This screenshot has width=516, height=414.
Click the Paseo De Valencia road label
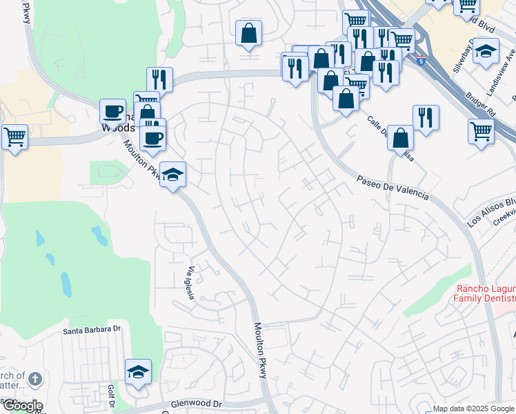click(x=393, y=188)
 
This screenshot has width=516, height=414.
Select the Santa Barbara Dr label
click(x=92, y=330)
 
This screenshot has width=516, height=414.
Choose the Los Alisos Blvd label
click(x=491, y=211)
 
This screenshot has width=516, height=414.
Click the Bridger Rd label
click(x=481, y=103)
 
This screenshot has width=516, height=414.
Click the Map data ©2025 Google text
click(x=473, y=408)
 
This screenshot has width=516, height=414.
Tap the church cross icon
click(x=36, y=379)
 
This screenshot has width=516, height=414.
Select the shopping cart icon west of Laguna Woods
click(x=15, y=137)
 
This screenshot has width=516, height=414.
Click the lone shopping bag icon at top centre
click(x=248, y=32)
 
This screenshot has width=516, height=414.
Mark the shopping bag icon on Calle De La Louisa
click(x=400, y=137)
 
